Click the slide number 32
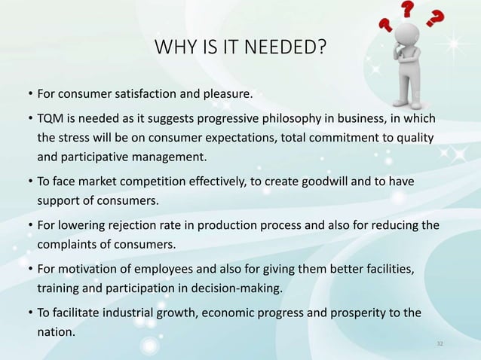[441, 343]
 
